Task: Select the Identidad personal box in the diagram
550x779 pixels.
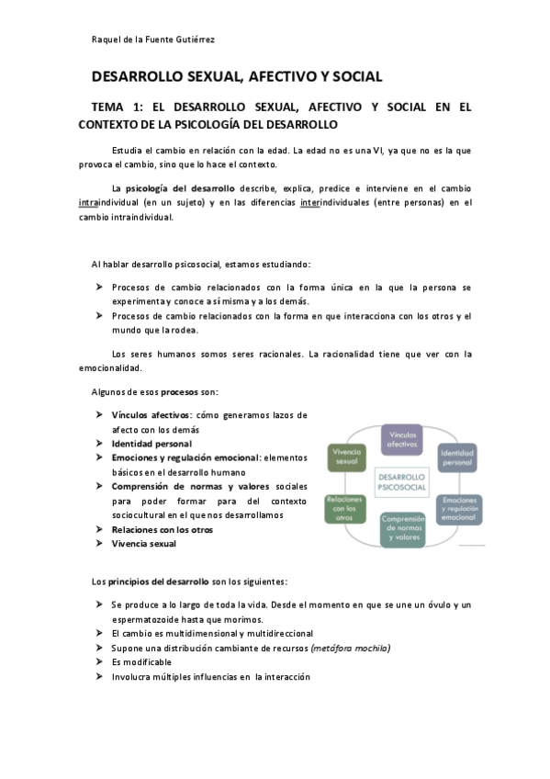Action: [x=457, y=457]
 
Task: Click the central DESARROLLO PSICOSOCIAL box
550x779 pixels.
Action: [x=402, y=482]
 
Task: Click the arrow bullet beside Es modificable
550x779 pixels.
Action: [x=98, y=662]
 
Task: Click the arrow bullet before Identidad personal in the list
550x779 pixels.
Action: [x=98, y=444]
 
